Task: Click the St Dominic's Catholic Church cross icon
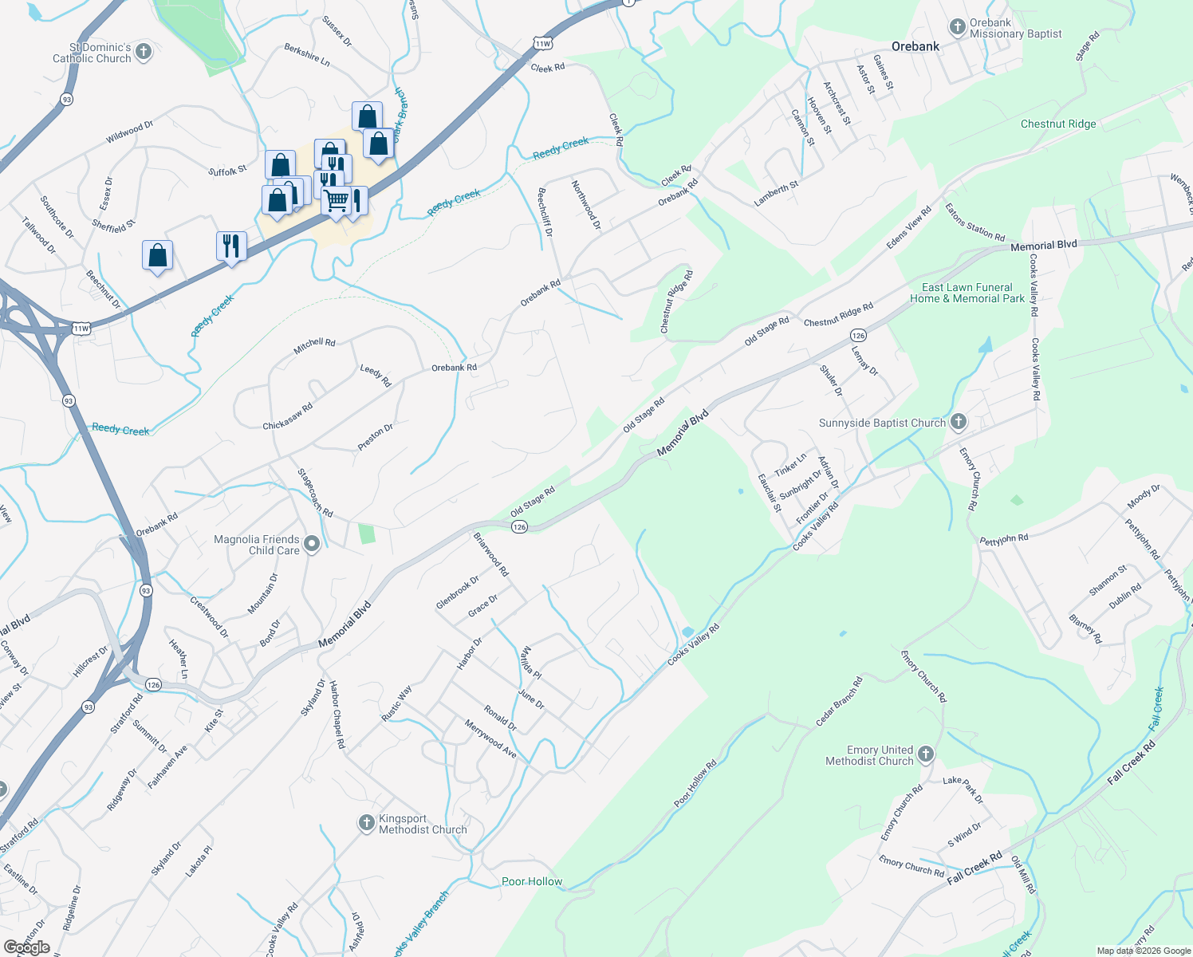pos(144,53)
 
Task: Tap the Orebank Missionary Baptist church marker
pos(957,28)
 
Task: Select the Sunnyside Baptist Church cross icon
pos(959,422)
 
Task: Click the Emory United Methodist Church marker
pos(926,754)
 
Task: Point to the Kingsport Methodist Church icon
pos(366,822)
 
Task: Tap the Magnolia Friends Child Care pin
pos(312,544)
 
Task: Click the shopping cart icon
pos(337,201)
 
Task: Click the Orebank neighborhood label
pos(915,46)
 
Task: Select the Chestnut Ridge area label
pos(1058,124)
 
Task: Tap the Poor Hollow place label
pos(532,881)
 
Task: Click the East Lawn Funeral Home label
pos(967,293)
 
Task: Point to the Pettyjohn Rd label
pos(1003,540)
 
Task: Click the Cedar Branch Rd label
pos(839,702)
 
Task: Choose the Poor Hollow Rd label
pos(695,783)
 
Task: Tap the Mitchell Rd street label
pos(314,346)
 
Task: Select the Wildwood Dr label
pos(129,132)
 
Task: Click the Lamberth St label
pos(776,194)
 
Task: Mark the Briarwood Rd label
pos(490,554)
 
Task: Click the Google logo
pos(27,947)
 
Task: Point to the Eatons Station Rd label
pos(974,222)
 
